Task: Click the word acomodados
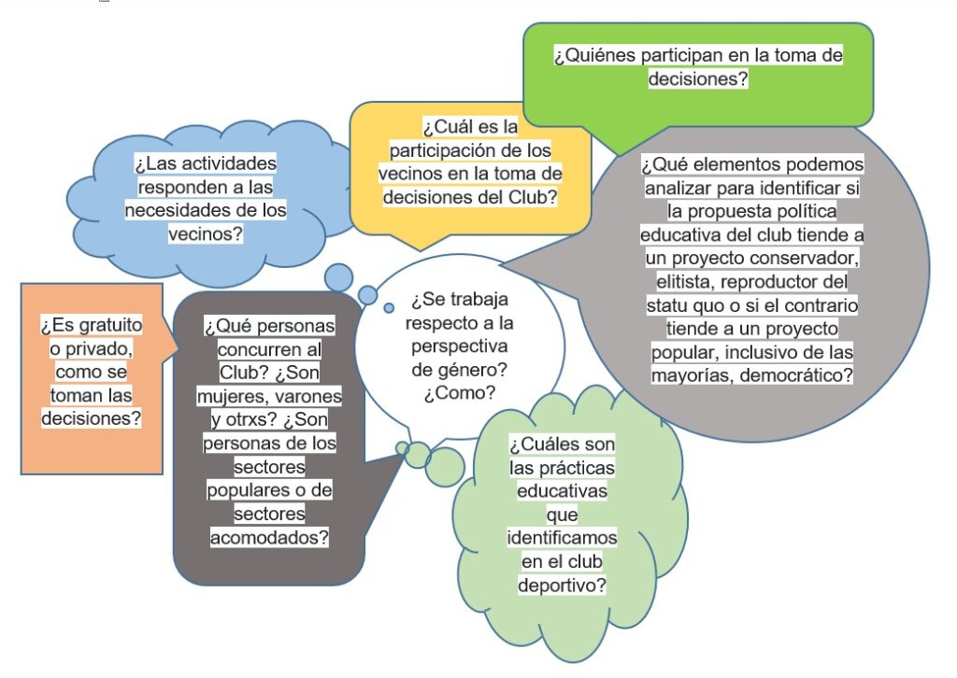pyautogui.click(x=268, y=538)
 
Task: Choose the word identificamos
pyautogui.click(x=562, y=539)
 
